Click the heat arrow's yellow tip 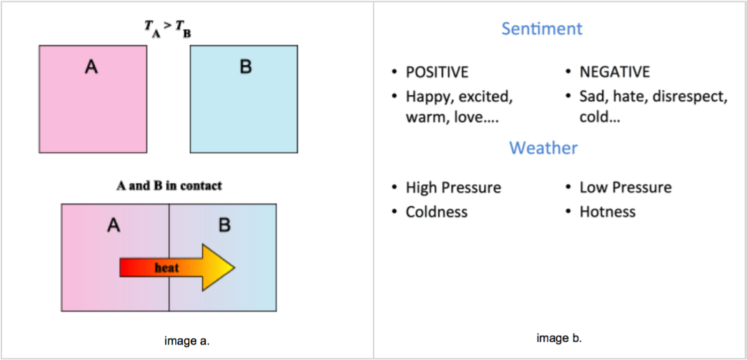pyautogui.click(x=227, y=267)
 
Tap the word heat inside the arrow pyautogui.click(x=167, y=268)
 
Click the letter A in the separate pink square pyautogui.click(x=91, y=67)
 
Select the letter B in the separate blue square pyautogui.click(x=245, y=68)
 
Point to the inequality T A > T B pyautogui.click(x=168, y=29)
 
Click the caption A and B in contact pyautogui.click(x=169, y=186)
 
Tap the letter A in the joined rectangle pyautogui.click(x=114, y=225)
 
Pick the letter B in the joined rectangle pyautogui.click(x=224, y=225)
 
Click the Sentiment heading pyautogui.click(x=542, y=29)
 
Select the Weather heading pyautogui.click(x=543, y=148)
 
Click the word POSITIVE pyautogui.click(x=437, y=72)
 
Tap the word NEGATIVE pyautogui.click(x=614, y=72)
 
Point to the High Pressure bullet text pyautogui.click(x=453, y=188)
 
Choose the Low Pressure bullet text pyautogui.click(x=626, y=188)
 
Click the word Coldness pyautogui.click(x=436, y=211)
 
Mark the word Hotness pyautogui.click(x=607, y=211)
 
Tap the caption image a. pyautogui.click(x=187, y=341)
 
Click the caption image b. pyautogui.click(x=559, y=338)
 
